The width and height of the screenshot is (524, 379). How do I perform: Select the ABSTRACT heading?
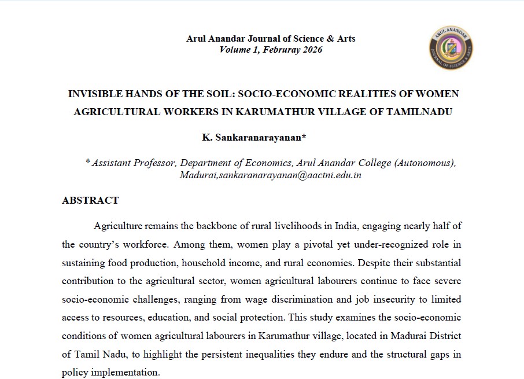(x=90, y=200)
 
